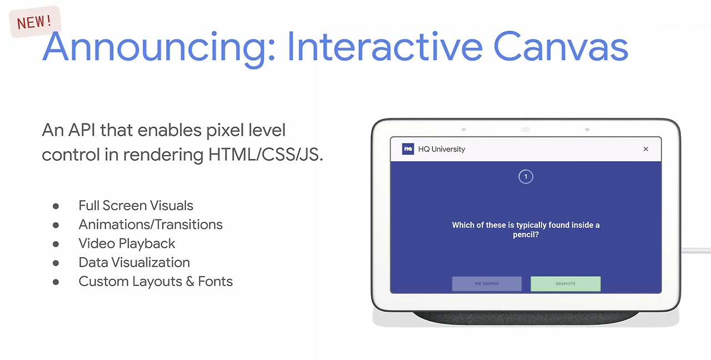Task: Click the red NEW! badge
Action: [35, 22]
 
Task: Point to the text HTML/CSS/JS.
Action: [266, 154]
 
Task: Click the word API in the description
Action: [82, 130]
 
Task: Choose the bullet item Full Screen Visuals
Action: [136, 206]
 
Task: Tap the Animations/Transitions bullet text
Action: [151, 225]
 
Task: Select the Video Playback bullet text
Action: [127, 244]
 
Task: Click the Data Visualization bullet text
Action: [134, 263]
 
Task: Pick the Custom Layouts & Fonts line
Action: [156, 282]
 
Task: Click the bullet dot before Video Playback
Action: [56, 244]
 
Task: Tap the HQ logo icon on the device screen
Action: [408, 149]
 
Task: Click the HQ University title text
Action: [442, 149]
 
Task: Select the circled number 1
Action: [525, 177]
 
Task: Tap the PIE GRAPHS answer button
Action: [487, 284]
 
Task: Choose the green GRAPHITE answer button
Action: [565, 284]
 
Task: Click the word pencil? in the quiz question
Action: [525, 235]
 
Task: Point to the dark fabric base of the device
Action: [525, 318]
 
